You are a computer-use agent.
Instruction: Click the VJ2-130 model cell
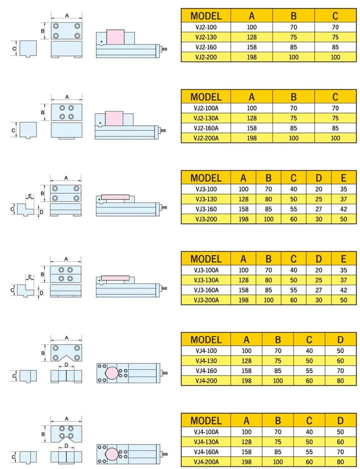(206, 37)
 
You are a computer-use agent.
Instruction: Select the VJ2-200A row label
(206, 138)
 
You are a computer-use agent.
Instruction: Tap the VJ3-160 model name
(206, 209)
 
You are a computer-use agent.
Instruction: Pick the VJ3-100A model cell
(206, 270)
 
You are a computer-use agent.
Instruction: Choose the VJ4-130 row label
(206, 361)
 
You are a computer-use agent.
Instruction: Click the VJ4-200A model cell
(206, 462)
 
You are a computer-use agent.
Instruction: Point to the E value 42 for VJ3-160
(343, 209)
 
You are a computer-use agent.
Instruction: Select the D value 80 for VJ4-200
(340, 381)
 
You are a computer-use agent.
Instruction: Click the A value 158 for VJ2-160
(252, 47)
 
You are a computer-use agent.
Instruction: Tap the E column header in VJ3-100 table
(343, 178)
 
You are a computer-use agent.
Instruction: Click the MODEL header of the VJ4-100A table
(206, 420)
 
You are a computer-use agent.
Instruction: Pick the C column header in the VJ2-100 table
(335, 16)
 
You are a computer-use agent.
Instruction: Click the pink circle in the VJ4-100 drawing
(112, 373)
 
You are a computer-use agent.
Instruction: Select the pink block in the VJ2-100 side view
(115, 37)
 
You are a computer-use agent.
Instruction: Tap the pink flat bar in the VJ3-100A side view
(115, 278)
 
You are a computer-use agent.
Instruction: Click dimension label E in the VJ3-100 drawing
(30, 196)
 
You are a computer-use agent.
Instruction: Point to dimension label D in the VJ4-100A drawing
(67, 446)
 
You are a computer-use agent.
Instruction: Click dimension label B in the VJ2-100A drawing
(43, 113)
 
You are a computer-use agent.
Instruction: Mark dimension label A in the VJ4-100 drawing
(67, 338)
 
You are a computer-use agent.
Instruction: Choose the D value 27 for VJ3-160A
(319, 290)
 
